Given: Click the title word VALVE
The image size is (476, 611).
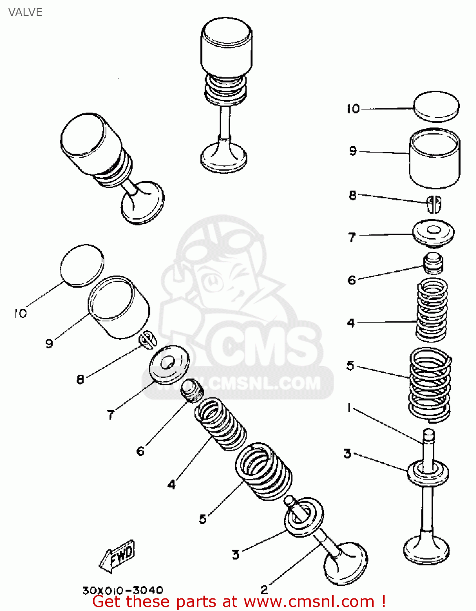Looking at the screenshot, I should click(25, 12).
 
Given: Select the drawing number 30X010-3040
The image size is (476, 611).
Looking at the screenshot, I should click(123, 590).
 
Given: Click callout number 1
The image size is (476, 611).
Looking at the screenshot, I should click(349, 408).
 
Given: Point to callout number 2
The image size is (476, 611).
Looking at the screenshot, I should click(264, 589).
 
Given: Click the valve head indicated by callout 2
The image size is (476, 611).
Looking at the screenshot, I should click(346, 564).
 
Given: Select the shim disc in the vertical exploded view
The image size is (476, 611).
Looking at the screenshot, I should click(436, 106).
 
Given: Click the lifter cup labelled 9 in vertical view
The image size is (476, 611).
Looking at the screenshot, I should click(434, 159).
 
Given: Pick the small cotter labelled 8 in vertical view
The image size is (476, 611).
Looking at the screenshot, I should click(434, 204).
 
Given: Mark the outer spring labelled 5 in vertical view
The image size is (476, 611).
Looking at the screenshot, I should click(430, 385).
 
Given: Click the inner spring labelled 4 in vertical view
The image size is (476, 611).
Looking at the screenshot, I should click(432, 310).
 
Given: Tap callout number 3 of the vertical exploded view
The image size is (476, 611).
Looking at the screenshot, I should click(347, 453).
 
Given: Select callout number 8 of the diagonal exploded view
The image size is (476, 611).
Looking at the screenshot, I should click(80, 379).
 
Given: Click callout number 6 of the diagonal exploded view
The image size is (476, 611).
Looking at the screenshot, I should click(141, 451).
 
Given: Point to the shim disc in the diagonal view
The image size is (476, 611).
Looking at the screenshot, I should click(82, 265).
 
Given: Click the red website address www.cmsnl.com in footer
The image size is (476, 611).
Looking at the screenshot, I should click(309, 602).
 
